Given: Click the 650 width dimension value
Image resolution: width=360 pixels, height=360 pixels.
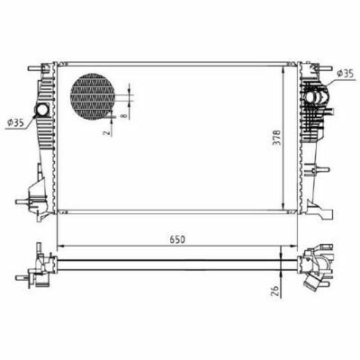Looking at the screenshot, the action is [177, 239].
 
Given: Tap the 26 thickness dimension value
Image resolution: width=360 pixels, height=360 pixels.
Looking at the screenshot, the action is [274, 290].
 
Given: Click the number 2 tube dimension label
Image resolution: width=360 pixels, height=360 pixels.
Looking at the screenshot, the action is [106, 132].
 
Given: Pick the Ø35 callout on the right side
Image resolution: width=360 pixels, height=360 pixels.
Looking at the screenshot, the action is [345, 74].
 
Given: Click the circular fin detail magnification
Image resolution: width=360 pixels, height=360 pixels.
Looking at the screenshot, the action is [93, 96].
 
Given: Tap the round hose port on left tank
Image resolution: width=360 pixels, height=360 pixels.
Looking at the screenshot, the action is [42, 110].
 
